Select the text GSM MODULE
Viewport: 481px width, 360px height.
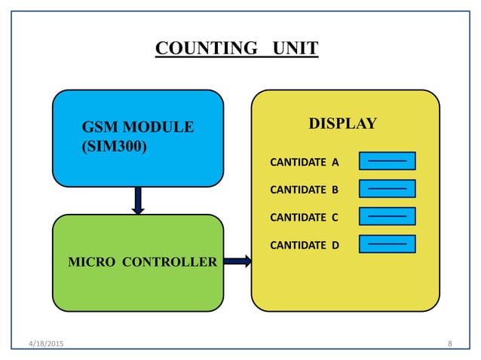pos(137,127)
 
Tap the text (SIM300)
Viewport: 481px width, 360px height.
pos(114,145)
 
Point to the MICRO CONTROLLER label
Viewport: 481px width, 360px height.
pos(142,262)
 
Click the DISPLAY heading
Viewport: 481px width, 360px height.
pos(343,124)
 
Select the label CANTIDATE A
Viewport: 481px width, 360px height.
pos(305,162)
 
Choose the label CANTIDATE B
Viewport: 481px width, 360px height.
pos(305,190)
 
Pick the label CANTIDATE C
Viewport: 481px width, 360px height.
pos(305,218)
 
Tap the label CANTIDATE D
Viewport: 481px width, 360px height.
pos(305,245)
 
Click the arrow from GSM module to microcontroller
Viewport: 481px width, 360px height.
pos(138,200)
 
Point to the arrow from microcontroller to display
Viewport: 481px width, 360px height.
pos(237,261)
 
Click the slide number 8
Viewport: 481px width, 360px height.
pos(450,344)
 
